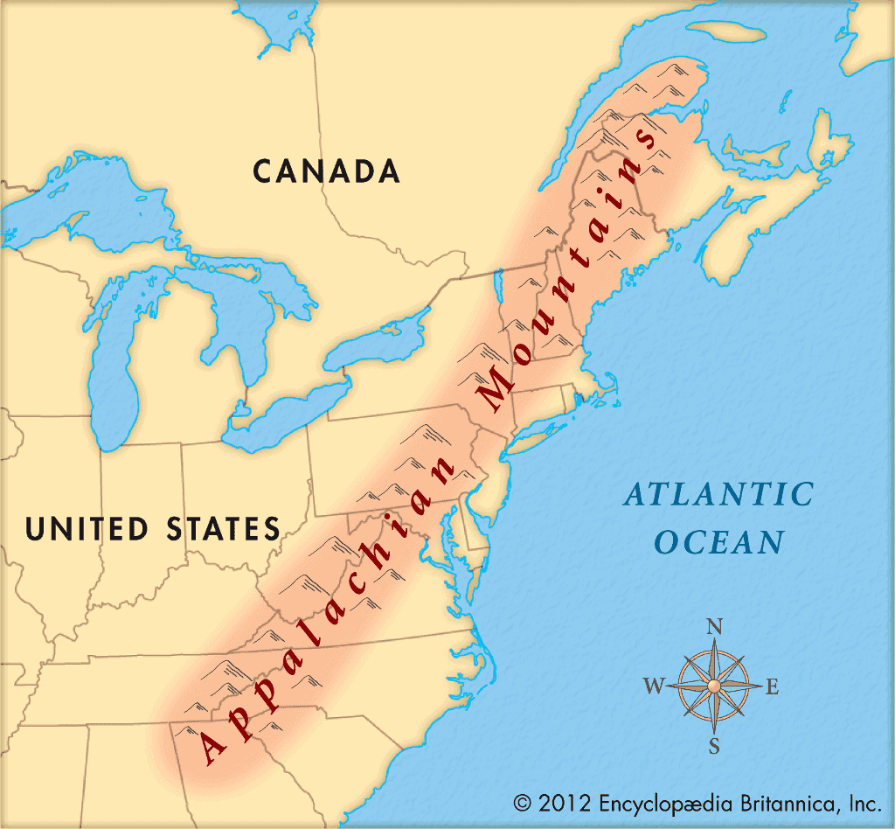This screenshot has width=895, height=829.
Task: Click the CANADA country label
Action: pos(327,171)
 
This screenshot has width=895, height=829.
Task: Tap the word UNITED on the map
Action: pos(87,529)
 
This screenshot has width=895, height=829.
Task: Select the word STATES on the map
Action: pos(223,529)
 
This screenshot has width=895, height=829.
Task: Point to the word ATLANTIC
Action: pos(718,494)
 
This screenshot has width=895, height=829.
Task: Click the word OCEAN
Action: pos(719,542)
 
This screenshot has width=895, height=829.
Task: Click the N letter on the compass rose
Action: pos(714,627)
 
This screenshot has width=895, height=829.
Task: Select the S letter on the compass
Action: pos(714,746)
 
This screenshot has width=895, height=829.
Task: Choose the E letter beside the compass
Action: pos(772,687)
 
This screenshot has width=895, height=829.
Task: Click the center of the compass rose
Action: pos(714,685)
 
